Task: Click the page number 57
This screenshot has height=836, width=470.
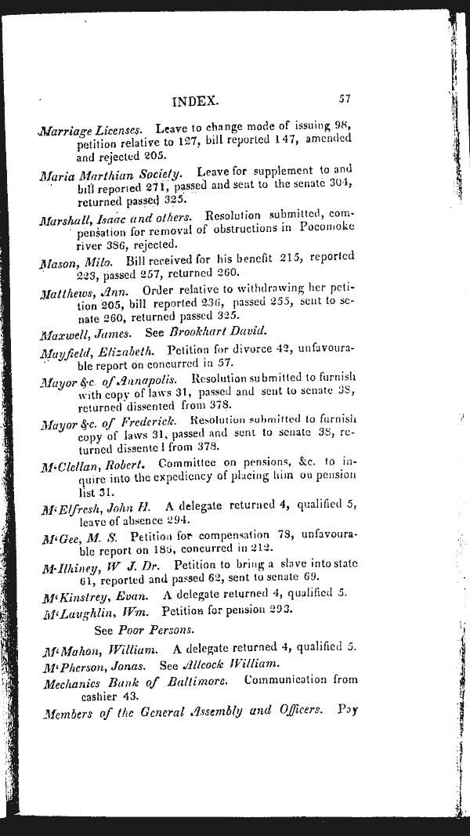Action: coord(344,100)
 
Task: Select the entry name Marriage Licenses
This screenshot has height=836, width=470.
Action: coord(91,129)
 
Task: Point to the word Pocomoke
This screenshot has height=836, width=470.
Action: coord(327,228)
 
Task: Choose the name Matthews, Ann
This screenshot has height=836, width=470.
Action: coord(80,291)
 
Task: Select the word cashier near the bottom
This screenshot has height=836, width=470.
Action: coord(98,695)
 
